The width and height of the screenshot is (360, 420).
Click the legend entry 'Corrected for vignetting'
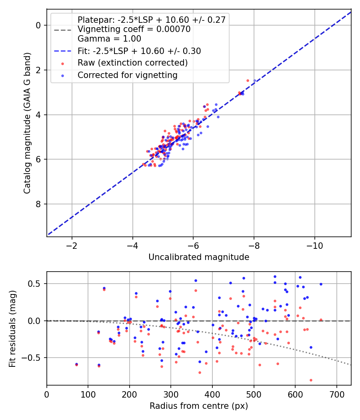128,75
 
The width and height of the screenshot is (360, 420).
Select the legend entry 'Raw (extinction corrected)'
132,63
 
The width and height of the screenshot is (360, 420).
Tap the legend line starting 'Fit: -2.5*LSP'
139,51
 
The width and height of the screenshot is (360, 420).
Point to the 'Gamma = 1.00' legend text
109,38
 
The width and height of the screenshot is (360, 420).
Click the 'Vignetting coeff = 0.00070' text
134,29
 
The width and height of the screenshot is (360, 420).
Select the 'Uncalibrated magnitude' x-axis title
199,257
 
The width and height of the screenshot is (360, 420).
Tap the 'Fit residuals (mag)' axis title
12,329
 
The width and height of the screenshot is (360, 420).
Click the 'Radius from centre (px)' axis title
199,406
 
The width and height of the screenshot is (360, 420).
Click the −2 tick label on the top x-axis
72,246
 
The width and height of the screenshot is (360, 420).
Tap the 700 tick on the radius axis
337,394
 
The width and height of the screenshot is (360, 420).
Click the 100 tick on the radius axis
88,394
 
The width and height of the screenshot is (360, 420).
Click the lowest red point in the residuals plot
311,380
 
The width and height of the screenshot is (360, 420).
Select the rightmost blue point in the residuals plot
321,284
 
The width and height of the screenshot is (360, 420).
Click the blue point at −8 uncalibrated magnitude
254,81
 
